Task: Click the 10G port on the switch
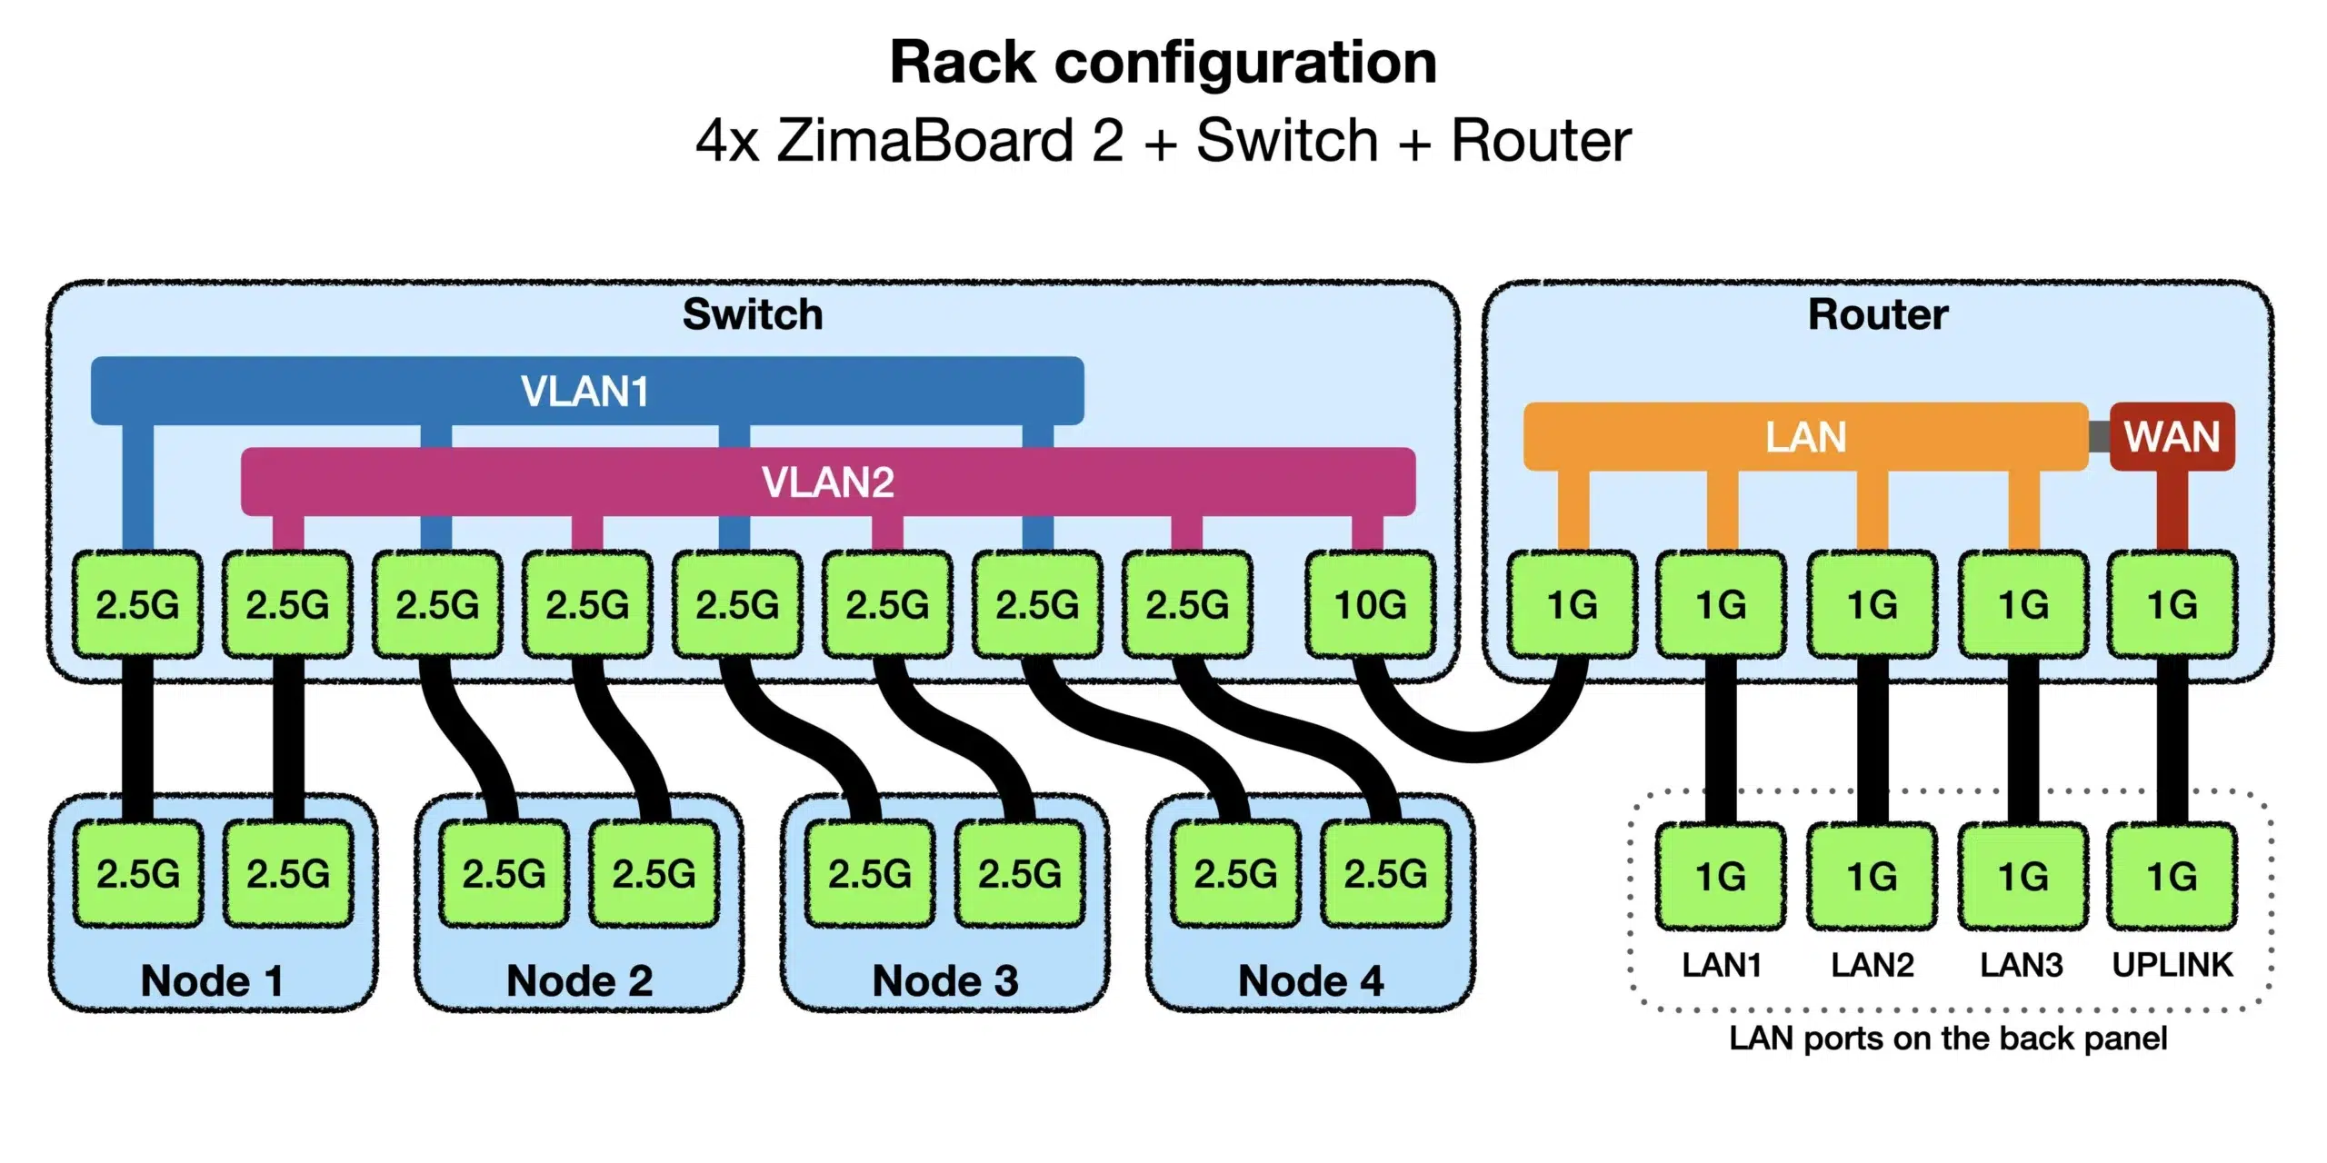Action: [x=1371, y=604]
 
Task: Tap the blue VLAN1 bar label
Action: [x=585, y=392]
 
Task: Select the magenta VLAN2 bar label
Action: [x=828, y=482]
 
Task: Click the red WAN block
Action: [x=2172, y=437]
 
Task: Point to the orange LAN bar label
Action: [x=1806, y=437]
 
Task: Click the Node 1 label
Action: [x=212, y=981]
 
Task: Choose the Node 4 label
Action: [x=1311, y=981]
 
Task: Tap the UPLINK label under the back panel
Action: [x=2172, y=965]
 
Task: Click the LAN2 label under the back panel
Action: [x=1873, y=965]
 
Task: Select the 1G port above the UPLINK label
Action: [x=2172, y=877]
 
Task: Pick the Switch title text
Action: [x=753, y=314]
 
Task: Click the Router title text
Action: [x=1878, y=314]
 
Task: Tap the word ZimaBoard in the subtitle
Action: [x=926, y=141]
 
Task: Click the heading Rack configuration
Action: [x=1163, y=63]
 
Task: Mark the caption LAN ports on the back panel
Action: [x=1948, y=1038]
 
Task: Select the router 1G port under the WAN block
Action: [x=2172, y=604]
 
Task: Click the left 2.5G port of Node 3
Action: [x=870, y=874]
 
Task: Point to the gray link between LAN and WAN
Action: [x=2099, y=437]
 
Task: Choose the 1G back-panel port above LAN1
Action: [x=1721, y=877]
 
